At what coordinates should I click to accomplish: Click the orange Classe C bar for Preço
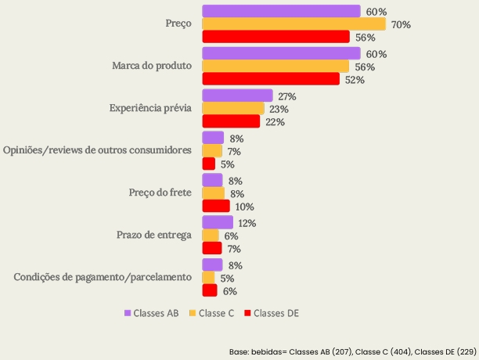[294, 24]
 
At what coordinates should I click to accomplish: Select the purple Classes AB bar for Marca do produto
[281, 54]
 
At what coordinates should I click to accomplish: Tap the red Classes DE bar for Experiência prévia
[231, 121]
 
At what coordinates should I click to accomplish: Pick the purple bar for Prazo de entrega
[218, 223]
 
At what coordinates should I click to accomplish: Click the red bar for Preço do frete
[216, 206]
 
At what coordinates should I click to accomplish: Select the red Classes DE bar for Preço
[276, 37]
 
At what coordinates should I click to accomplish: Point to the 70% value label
[402, 25]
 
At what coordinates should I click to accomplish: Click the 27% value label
[286, 96]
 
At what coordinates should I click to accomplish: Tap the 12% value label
[247, 223]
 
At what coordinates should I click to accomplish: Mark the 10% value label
[244, 207]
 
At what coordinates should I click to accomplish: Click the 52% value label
[355, 80]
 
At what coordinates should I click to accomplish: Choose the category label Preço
[178, 24]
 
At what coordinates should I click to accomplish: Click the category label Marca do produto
[152, 66]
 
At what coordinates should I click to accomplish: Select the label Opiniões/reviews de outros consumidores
[98, 150]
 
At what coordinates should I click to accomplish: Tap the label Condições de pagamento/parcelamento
[103, 277]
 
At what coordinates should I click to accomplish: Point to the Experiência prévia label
[150, 108]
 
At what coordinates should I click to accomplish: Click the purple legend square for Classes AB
[127, 313]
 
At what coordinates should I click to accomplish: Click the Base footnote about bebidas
[352, 352]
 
